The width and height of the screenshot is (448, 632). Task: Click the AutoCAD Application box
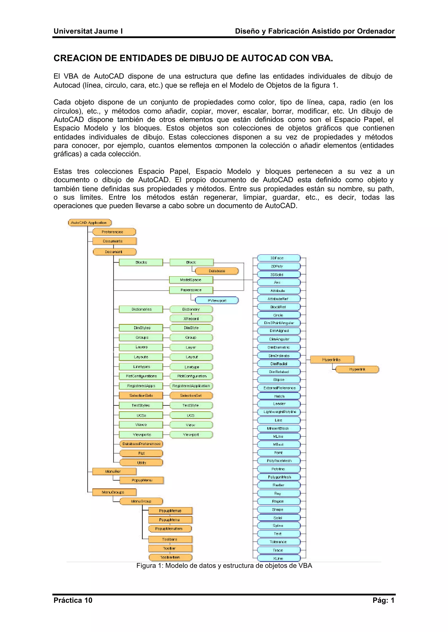tap(90, 223)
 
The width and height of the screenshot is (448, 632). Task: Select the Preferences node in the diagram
tap(114, 232)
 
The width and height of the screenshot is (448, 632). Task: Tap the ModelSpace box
tap(191, 280)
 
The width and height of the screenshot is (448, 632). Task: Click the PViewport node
tap(217, 300)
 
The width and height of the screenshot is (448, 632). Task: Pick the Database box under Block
tap(217, 271)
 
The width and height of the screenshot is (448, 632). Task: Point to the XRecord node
tap(191, 319)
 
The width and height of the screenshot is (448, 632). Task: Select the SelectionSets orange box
tap(141, 395)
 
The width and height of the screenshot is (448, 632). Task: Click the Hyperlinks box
tap(332, 360)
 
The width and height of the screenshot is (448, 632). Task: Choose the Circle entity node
tap(279, 315)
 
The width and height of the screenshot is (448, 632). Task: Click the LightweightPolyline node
tap(279, 412)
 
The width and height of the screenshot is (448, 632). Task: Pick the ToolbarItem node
tap(170, 557)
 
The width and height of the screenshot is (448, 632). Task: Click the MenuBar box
tap(114, 471)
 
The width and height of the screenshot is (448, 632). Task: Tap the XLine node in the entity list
tap(279, 558)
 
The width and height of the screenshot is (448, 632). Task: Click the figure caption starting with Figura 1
tap(224, 566)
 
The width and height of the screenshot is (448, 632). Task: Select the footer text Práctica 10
tap(73, 600)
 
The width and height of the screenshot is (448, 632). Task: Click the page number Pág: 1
tap(383, 600)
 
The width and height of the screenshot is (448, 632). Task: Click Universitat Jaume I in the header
tap(88, 31)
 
